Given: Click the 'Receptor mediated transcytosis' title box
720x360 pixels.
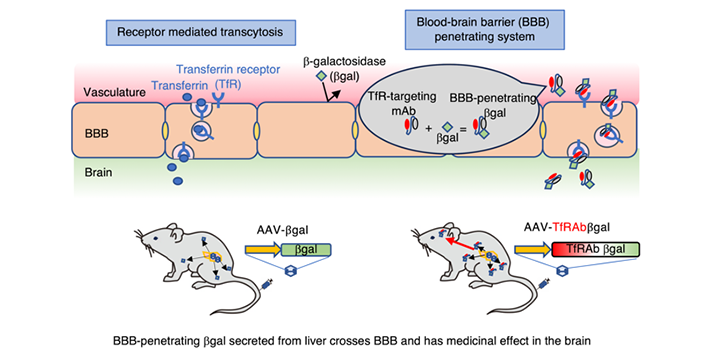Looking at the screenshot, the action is [x=200, y=32].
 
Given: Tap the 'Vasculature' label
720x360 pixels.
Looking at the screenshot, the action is [x=109, y=92].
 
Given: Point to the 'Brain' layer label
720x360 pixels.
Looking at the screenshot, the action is [x=96, y=174].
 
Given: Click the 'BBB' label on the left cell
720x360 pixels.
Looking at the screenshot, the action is [x=95, y=135].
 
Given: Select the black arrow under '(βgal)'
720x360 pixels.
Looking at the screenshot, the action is [x=333, y=95].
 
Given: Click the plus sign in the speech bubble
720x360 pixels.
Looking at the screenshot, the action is [x=428, y=129].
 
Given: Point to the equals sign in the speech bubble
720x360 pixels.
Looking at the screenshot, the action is [x=463, y=130].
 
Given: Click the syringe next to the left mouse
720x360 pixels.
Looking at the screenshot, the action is [x=266, y=285].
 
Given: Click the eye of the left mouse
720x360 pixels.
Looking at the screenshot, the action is [x=155, y=238].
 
